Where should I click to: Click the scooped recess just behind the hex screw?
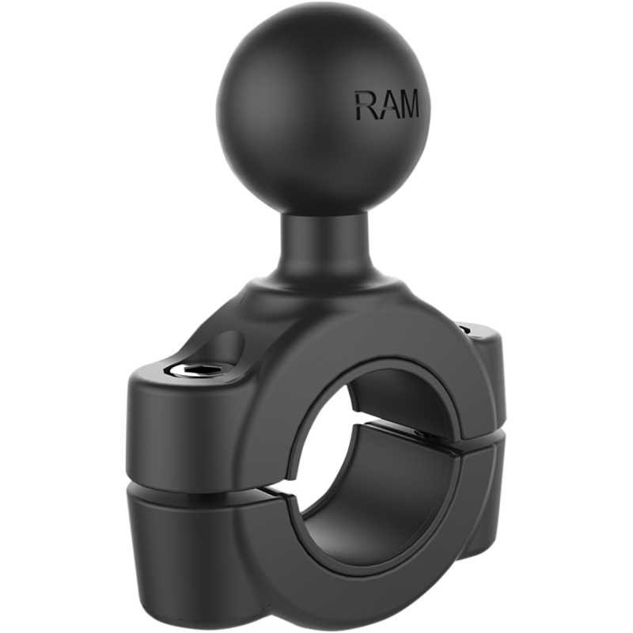tap(223, 348)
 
